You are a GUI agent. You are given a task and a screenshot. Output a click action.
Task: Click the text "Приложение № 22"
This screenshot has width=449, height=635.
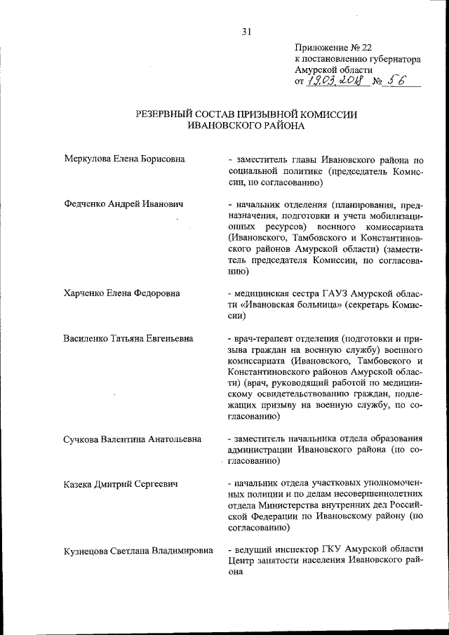333,48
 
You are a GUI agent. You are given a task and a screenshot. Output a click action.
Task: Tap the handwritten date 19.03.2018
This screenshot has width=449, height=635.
337,81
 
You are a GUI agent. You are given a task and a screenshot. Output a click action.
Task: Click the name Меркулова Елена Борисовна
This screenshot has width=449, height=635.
124,159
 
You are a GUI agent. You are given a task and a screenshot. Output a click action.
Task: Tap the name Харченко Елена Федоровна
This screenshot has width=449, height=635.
121,292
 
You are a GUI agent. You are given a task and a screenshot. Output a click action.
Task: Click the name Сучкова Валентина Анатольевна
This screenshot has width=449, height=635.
132,439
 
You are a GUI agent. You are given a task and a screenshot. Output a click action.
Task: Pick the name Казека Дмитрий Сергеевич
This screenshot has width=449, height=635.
119,484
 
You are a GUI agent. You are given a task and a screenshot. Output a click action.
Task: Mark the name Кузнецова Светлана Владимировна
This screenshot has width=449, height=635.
138,551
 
